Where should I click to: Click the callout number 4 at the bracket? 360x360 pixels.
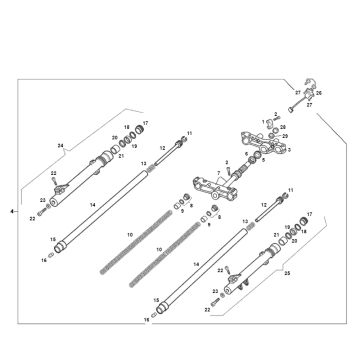[11, 213]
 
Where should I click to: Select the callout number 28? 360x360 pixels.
[283, 127]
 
